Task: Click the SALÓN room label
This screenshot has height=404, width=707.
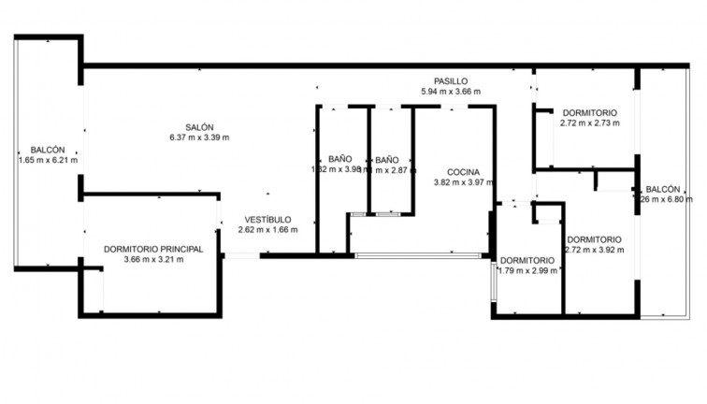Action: point(199,127)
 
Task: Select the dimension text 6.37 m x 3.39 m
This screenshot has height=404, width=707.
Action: point(199,137)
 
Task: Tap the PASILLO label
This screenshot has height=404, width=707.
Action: point(450,81)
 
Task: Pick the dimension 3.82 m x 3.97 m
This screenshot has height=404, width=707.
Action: point(463,182)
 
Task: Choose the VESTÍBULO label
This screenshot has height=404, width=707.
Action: point(267,219)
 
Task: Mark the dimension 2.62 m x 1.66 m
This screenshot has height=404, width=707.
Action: point(267,229)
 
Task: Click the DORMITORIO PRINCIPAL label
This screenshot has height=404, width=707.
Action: point(153,249)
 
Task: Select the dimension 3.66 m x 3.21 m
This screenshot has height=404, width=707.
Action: point(153,259)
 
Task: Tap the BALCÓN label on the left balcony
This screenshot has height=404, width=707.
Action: point(48,150)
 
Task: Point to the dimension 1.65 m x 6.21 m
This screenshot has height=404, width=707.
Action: point(48,160)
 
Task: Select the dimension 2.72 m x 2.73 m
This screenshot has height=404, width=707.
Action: point(590,123)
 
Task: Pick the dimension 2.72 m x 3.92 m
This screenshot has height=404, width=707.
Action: point(594,250)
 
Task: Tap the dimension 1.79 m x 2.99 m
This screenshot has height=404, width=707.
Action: point(527,270)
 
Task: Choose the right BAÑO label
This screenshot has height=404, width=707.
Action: point(387,159)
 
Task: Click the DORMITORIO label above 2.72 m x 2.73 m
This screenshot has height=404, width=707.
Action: point(590,112)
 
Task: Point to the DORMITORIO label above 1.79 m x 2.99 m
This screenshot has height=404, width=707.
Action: point(527,260)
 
